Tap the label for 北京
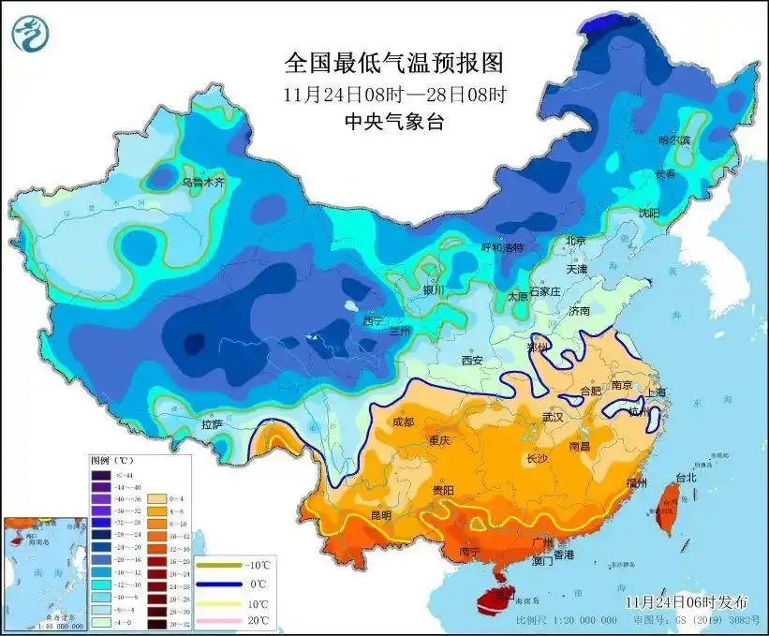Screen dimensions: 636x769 (x=576, y=241)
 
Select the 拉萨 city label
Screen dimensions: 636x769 (x=212, y=424)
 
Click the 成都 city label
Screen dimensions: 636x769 (x=404, y=422)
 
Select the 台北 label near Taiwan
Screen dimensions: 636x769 (x=685, y=477)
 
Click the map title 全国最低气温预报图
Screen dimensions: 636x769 (x=393, y=63)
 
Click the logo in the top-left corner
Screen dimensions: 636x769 (x=30, y=33)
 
